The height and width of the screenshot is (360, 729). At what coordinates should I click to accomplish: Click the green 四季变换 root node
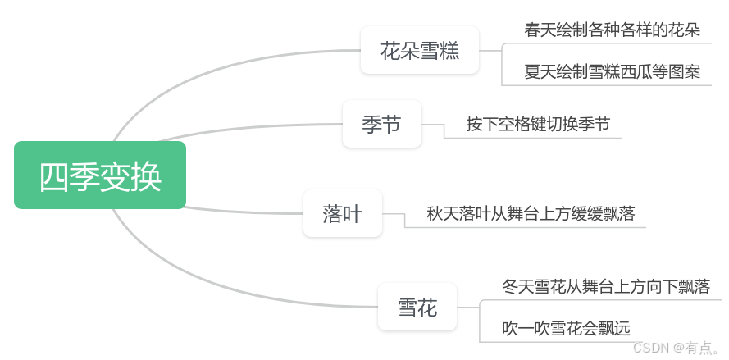(100, 175)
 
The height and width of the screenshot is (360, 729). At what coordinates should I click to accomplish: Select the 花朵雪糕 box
(420, 50)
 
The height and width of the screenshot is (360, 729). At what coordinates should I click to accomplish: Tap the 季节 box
(381, 124)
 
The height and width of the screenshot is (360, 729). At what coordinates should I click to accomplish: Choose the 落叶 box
(342, 213)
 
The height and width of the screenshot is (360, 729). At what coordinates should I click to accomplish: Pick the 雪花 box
(417, 308)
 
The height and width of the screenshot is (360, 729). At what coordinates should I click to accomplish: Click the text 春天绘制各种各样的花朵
(612, 30)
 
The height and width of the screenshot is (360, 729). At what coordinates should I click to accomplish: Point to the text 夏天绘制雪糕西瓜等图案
(612, 71)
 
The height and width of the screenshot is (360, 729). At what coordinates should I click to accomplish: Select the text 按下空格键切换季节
(538, 124)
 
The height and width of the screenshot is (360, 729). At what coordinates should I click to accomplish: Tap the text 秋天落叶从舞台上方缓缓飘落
(531, 214)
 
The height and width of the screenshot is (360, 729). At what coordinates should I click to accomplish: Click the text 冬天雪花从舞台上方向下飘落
(605, 286)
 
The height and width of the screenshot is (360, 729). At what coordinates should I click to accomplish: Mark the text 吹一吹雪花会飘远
(566, 328)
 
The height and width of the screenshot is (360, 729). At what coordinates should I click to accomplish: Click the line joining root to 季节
(262, 127)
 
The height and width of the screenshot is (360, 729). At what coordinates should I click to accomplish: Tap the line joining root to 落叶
(246, 211)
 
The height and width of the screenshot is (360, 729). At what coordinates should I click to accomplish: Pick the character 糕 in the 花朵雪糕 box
(449, 51)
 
